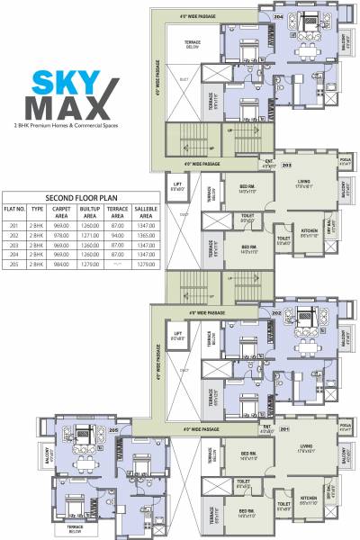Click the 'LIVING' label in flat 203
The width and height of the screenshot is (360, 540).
click(305, 186)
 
